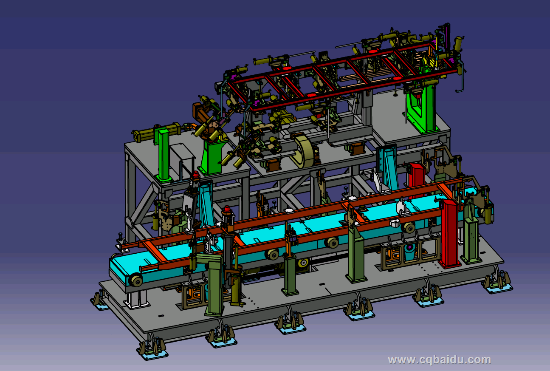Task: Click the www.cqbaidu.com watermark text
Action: point(439,360)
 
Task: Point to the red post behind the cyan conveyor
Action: point(417,179)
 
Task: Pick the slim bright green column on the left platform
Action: point(163,155)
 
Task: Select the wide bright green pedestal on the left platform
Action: point(212,157)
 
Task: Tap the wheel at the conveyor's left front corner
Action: point(135,280)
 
